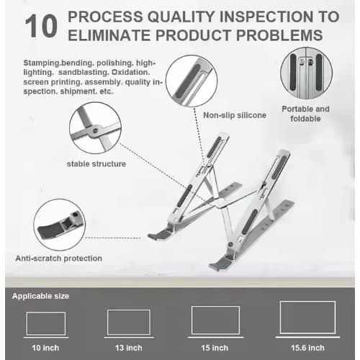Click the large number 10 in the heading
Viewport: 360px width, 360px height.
point(42,27)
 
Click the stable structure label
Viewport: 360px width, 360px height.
point(96,164)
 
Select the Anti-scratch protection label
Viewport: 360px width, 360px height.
point(58,258)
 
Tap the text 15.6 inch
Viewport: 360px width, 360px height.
point(307,347)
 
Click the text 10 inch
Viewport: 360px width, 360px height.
point(45,347)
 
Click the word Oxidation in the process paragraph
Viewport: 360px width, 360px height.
point(130,72)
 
